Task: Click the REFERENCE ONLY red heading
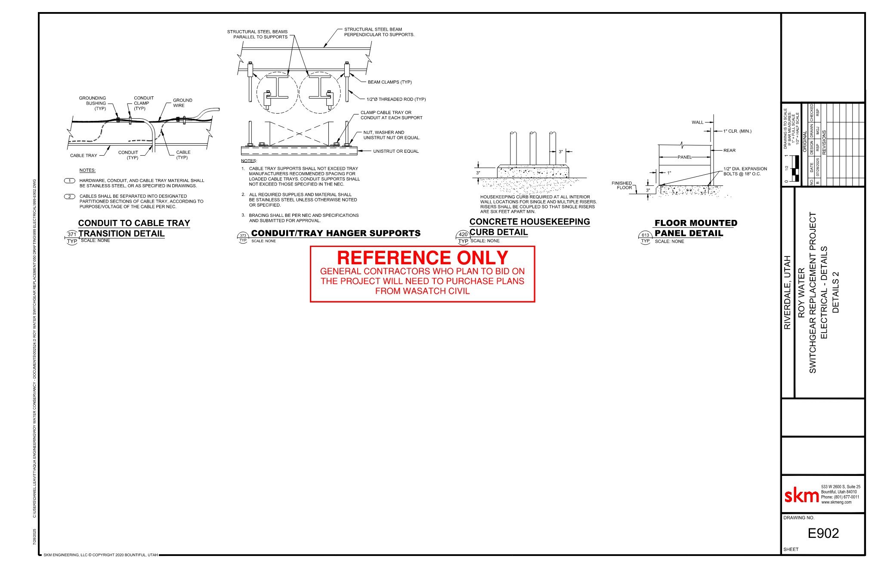click(422, 258)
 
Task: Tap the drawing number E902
click(823, 534)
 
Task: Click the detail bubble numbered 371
click(72, 235)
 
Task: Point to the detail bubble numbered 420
click(463, 235)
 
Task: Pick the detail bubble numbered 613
click(645, 235)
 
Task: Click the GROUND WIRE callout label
click(182, 103)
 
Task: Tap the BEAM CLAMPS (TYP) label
click(390, 82)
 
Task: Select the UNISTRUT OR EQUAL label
click(396, 151)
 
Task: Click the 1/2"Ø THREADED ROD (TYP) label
click(396, 99)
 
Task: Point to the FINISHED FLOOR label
click(622, 185)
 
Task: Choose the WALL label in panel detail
click(697, 123)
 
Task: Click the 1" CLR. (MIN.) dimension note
click(737, 131)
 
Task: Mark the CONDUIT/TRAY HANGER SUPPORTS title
click(336, 233)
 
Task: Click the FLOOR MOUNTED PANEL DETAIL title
click(696, 228)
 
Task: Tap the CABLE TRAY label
click(83, 156)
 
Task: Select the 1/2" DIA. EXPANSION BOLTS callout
click(745, 171)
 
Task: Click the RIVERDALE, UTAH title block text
click(788, 293)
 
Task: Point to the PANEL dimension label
click(684, 157)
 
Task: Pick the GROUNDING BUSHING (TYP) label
click(93, 103)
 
